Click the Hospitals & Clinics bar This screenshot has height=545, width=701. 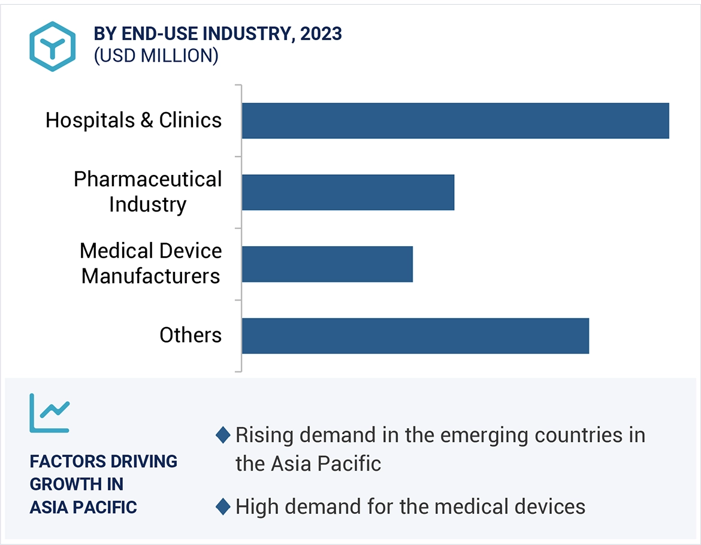455,120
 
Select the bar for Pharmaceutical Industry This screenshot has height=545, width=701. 348,192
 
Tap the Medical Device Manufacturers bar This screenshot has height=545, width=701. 327,264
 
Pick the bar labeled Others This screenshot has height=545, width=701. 415,336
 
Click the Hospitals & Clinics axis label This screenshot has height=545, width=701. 134,120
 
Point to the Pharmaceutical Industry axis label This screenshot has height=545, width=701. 147,192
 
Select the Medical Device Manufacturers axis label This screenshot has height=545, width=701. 150,264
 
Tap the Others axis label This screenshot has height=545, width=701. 191,335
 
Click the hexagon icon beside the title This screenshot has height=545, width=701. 52,46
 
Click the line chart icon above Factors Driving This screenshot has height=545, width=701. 50,413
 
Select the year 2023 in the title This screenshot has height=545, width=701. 321,34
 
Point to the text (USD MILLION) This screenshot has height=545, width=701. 156,56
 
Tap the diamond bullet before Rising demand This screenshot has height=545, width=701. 223,435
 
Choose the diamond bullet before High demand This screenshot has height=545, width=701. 223,507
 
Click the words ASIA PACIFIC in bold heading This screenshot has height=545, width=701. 83,507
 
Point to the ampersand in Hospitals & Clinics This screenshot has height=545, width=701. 147,120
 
